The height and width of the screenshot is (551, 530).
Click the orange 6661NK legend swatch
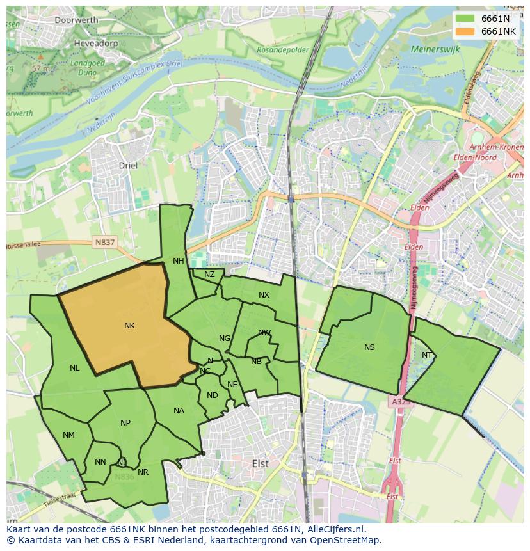pos(465,31)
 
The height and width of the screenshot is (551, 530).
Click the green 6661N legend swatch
pos(465,19)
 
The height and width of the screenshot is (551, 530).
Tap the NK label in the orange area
pos(129,326)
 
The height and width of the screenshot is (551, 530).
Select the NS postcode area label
pos(369,347)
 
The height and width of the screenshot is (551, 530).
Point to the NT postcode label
pos(427,355)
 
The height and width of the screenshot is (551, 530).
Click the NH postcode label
pos(178,260)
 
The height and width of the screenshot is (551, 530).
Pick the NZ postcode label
pos(209,275)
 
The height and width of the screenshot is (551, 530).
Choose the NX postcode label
pos(264,295)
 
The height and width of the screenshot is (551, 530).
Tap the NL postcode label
pos(75,368)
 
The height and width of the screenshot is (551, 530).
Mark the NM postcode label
pos(68,435)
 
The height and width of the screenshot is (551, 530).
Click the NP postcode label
pos(125,423)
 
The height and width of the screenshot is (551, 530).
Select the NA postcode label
pos(179,411)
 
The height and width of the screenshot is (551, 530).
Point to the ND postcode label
pos(213,395)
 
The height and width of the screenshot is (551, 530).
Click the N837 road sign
pos(104,243)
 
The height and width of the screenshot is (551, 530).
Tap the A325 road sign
pos(401,402)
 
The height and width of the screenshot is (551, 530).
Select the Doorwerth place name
pos(76,20)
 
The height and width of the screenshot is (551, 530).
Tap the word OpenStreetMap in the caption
pos(347,540)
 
